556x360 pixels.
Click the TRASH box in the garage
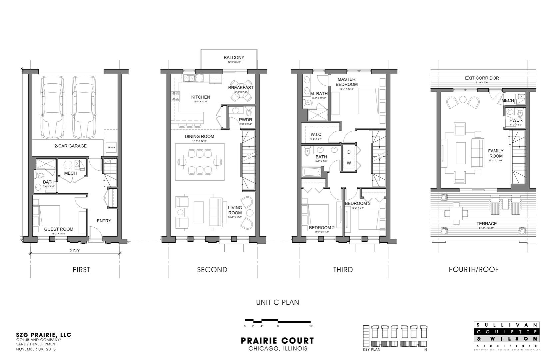point(111,147)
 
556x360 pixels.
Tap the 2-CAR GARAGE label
point(70,146)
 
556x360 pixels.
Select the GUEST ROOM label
point(59,229)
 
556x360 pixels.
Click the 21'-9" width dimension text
point(75,251)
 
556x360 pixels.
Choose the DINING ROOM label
point(199,136)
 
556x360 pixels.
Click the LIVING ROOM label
point(235,210)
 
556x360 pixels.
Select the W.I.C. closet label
point(316,134)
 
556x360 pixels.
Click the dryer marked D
point(349,152)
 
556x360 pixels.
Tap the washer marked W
point(349,163)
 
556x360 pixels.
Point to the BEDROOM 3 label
point(357,203)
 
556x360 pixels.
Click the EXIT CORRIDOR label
point(482,78)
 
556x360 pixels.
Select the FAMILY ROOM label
point(496,153)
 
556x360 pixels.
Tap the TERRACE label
point(486,224)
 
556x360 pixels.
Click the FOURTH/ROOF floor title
point(473,269)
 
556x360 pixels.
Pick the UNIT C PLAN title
point(277,302)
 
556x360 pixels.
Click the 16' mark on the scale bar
point(310,326)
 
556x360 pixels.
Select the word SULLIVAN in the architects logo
point(506,325)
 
